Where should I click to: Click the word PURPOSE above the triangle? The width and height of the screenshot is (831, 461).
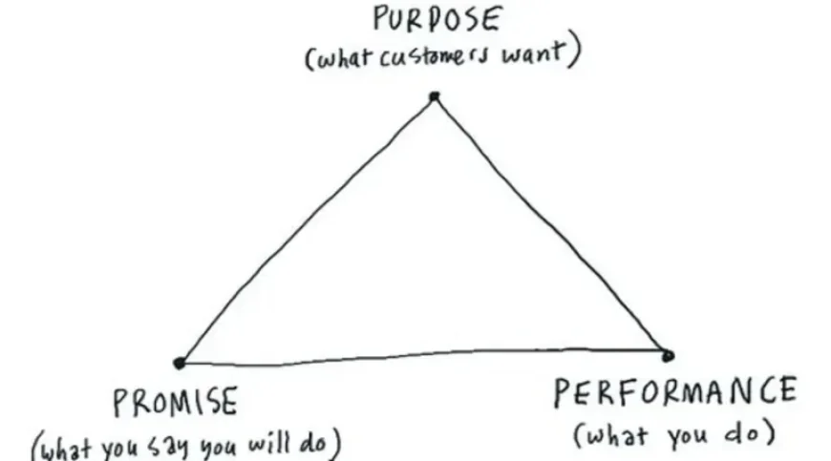pos(437,19)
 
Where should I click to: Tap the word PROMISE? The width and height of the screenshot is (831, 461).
pos(176,402)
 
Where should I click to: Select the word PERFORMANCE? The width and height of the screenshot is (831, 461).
pos(675,392)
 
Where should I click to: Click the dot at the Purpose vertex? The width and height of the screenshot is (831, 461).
pos(435,96)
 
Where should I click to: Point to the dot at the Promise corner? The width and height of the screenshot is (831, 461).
pos(180,363)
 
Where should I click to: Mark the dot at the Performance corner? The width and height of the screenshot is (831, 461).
pos(668,356)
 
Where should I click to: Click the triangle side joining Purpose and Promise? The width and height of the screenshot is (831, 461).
pos(307,230)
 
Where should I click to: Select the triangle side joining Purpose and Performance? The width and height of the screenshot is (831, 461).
pos(551,226)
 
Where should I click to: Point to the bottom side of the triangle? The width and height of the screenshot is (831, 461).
pos(423,356)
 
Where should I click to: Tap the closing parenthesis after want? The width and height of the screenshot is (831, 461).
pos(574,49)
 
